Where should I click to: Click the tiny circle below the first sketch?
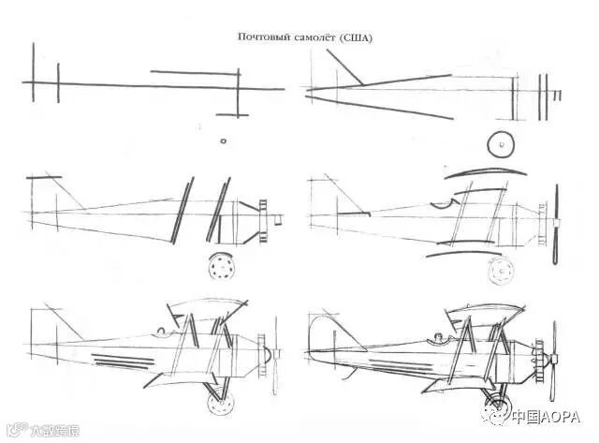pyautogui.click(x=223, y=141)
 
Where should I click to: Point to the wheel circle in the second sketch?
pyautogui.click(x=502, y=144)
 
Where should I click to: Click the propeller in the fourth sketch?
pyautogui.click(x=556, y=225)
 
